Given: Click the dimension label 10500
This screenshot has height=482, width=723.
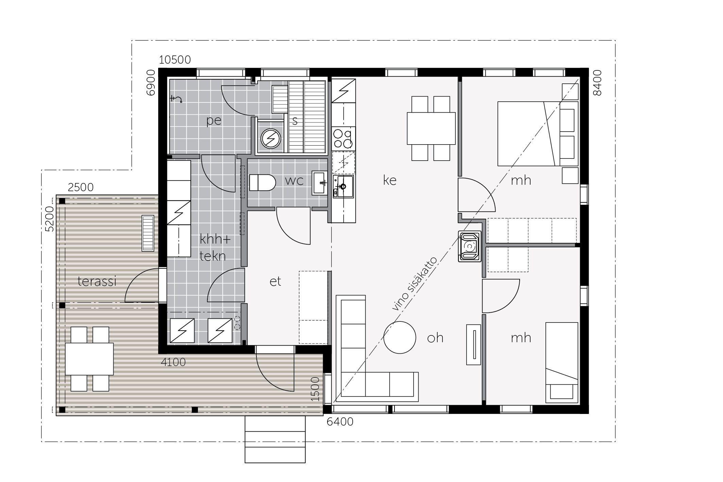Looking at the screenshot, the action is pos(175,60).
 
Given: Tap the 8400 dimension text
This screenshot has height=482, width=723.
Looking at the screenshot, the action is pos(597,83).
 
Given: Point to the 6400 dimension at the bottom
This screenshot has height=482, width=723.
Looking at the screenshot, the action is pos(340,422).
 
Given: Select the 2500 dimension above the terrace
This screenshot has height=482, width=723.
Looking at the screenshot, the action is pos(81,187).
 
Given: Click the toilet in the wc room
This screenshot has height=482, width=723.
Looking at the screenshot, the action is pos(262,183).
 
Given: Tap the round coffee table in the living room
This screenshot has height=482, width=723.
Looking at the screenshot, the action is pos(400,337).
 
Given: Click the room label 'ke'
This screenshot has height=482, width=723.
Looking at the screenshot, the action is pos(390,180).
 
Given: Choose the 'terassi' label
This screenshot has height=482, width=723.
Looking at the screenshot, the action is pos(97,281).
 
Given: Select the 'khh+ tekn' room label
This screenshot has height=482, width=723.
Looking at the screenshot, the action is pos(215,248).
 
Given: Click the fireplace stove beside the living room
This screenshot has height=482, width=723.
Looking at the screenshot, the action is pos(470,246).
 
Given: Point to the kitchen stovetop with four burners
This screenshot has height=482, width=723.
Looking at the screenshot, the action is pos(343,138).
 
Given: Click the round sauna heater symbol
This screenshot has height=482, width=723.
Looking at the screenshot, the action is pos(271,139).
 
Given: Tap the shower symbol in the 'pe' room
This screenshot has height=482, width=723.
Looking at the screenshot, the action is pos(176,99).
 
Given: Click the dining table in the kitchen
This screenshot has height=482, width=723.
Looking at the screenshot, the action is pos(431,128).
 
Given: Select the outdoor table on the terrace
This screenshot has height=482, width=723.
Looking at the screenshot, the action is pos(89,359).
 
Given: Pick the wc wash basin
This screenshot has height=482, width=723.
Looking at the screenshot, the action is pos(320,183).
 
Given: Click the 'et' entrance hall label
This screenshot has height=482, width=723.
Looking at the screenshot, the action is pos(275,282).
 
